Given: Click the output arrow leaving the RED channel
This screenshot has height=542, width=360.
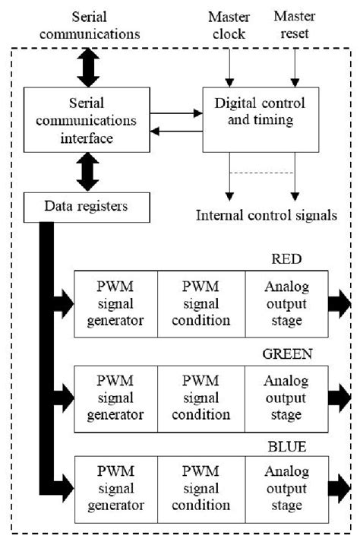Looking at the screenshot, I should (339, 304).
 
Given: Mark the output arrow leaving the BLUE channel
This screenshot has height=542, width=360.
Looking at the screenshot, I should (339, 487).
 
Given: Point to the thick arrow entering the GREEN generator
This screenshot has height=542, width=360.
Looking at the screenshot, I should (61, 396).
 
